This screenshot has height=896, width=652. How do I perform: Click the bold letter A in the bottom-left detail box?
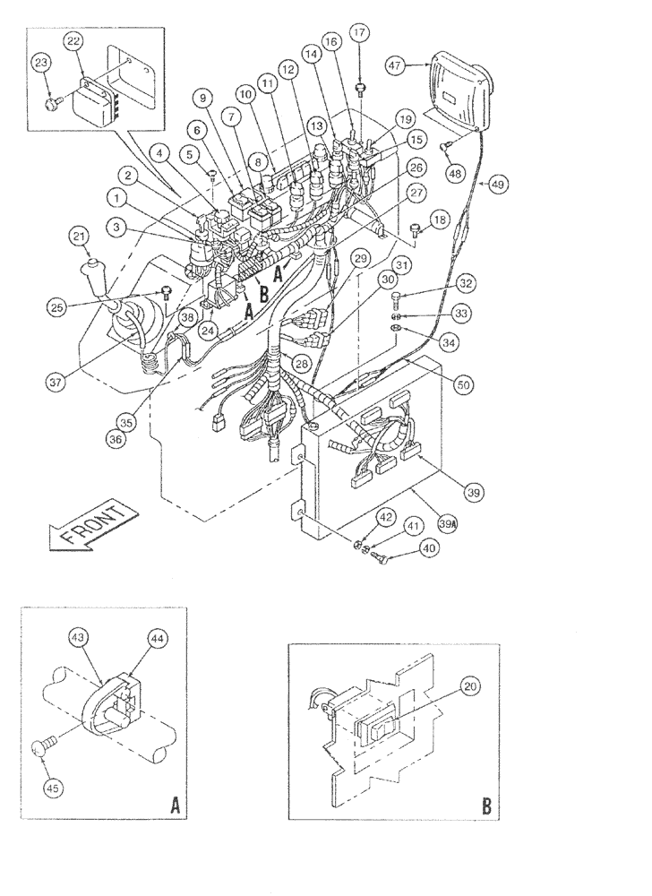point(176,806)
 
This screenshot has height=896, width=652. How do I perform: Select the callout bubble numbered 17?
point(360,32)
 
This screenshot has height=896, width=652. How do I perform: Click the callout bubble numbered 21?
point(80,237)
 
